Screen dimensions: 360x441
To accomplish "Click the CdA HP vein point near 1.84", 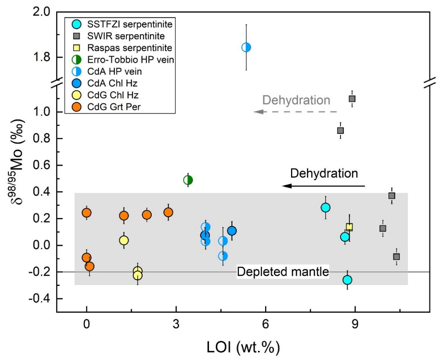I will (x=246, y=47).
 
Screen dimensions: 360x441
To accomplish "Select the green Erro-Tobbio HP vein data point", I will (x=188, y=180).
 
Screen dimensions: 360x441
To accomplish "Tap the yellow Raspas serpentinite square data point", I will (x=349, y=227).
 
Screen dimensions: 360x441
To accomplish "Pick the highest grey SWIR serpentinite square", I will (x=352, y=99).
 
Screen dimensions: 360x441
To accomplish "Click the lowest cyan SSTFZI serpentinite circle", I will (x=347, y=280).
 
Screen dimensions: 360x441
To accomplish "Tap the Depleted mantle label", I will (x=283, y=272).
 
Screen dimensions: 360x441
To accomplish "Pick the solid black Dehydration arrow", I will (x=324, y=186).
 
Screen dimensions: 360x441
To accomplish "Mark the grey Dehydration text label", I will (x=296, y=100).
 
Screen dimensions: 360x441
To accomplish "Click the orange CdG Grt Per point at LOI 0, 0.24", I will (x=87, y=213).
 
